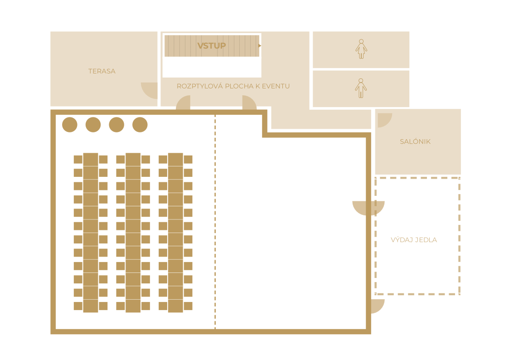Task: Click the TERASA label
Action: point(102,71)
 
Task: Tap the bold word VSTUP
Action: point(211,46)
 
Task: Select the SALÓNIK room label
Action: point(415,141)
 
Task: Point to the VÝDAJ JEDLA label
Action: point(414,240)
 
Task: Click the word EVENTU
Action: point(276,86)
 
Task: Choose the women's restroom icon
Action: point(361,49)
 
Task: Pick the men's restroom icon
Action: point(361,88)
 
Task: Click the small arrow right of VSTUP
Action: point(260,46)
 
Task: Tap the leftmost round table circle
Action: point(70,125)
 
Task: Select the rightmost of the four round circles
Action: point(140,125)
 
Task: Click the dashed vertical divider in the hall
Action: point(215,222)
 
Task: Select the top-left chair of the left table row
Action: point(78,160)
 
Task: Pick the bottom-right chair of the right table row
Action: point(188,306)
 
